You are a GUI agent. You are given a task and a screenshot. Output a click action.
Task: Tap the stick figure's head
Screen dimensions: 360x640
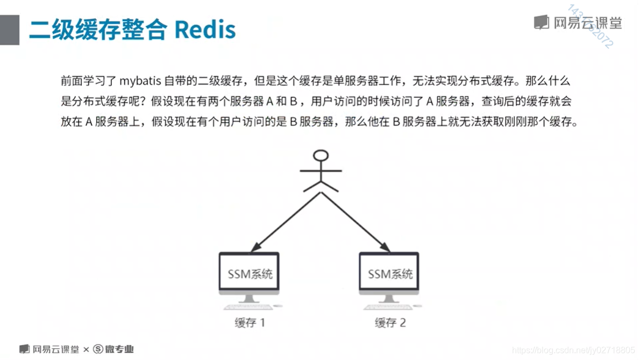[321, 156]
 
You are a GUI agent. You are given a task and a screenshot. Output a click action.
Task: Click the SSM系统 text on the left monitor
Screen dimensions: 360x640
[250, 274]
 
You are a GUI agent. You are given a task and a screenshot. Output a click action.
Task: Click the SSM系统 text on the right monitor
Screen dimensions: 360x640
[390, 274]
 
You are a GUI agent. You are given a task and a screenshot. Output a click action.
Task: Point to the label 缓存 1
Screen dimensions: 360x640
[250, 323]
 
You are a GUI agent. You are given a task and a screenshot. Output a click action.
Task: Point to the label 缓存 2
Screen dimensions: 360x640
[390, 323]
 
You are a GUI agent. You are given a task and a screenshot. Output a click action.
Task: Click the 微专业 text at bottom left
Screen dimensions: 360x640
[119, 349]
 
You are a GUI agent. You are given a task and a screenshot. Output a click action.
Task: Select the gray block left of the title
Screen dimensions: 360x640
[10, 30]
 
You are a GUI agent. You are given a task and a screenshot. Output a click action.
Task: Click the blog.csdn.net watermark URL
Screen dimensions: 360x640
[573, 350]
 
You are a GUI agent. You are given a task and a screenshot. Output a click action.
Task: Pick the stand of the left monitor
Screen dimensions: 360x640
[249, 298]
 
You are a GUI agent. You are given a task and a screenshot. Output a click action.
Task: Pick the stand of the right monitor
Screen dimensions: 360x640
[389, 298]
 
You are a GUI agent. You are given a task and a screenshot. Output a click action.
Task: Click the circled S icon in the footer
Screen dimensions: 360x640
[98, 349]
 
